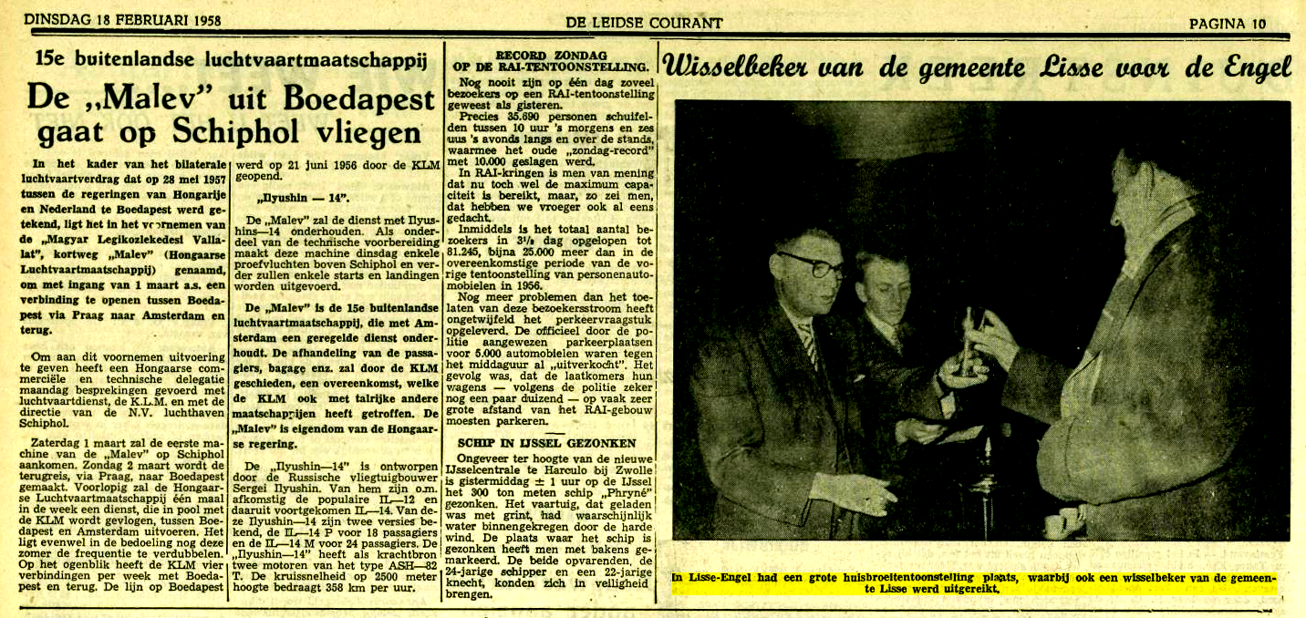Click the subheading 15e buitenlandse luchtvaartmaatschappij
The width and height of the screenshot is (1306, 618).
231,61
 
